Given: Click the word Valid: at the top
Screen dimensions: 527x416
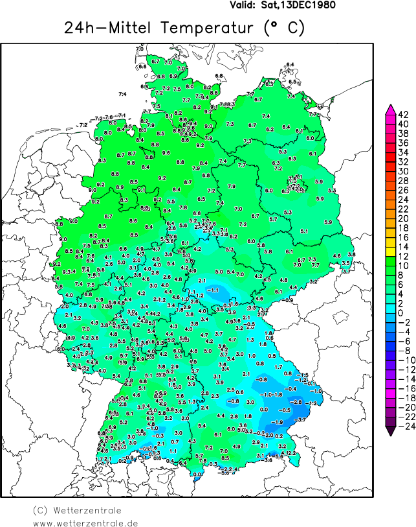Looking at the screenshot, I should pyautogui.click(x=244, y=5).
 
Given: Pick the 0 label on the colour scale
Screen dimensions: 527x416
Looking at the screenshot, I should pyautogui.click(x=402, y=312).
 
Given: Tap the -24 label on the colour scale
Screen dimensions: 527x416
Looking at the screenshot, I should pyautogui.click(x=402, y=426).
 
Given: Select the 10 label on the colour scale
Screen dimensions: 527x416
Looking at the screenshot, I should pyautogui.click(x=402, y=266).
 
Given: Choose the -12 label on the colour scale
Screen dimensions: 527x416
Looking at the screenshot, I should pyautogui.click(x=402, y=369).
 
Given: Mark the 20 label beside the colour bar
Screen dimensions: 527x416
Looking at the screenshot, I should pyautogui.click(x=402, y=218).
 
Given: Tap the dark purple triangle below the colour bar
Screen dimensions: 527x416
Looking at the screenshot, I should pyautogui.click(x=391, y=431).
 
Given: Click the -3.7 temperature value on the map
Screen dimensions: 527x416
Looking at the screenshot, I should pyautogui.click(x=301, y=420).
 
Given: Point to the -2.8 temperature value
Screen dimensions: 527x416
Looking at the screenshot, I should pyautogui.click(x=297, y=402).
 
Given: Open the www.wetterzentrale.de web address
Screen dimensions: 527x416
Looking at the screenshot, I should pyautogui.click(x=85, y=522).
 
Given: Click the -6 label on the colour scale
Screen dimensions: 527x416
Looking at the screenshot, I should pyautogui.click(x=402, y=341).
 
